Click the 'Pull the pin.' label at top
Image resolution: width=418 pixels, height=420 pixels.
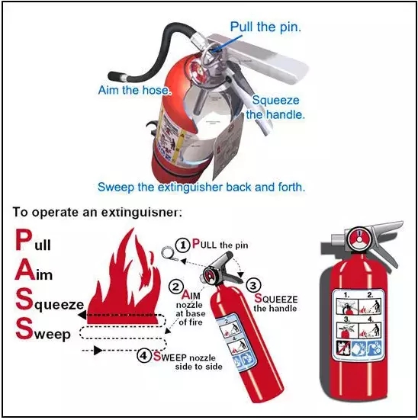265,27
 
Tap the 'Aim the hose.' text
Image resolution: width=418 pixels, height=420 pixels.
135,90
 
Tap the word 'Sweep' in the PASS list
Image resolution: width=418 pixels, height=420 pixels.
42,332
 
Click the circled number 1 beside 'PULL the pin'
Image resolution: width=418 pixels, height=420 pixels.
182,245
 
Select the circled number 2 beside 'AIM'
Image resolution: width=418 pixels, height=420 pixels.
176,288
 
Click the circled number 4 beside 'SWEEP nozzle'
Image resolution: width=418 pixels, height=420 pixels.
144,354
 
